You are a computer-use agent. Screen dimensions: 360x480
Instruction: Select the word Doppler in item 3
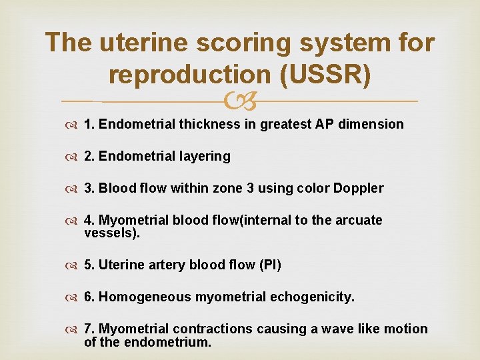click(x=359, y=188)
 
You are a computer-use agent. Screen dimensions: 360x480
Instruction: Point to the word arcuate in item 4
click(x=359, y=220)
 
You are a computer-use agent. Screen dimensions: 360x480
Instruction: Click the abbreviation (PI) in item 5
click(x=270, y=265)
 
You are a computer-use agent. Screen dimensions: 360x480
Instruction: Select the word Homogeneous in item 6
click(x=145, y=297)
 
